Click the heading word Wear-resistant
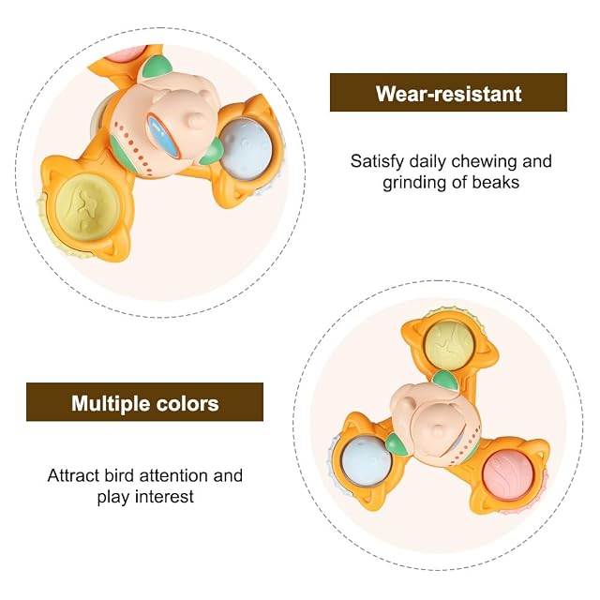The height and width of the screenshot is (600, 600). pos(448,94)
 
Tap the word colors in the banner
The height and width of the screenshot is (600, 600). pos(187,404)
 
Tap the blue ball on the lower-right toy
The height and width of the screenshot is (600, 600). pos(365,461)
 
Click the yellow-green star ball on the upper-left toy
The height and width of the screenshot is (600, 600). pos(88,207)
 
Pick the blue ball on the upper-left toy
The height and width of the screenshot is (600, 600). pos(246,148)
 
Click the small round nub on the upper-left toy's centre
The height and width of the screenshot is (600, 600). pos(196,120)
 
